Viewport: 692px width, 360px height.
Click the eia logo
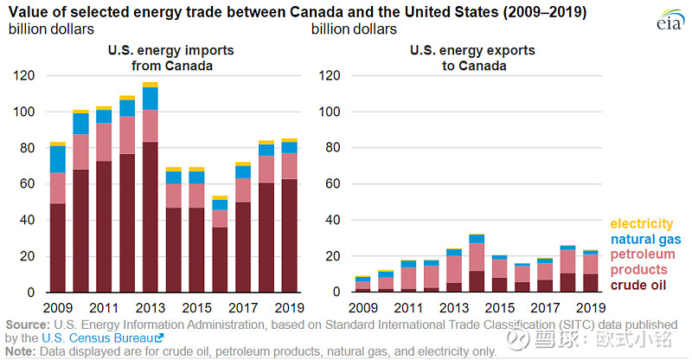click(669, 20)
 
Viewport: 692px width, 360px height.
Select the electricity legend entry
click(641, 223)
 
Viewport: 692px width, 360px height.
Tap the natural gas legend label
click(645, 240)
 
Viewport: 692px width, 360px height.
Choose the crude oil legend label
click(638, 285)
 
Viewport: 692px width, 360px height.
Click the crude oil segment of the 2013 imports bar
click(150, 217)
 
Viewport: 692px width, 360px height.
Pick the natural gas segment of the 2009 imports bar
click(58, 159)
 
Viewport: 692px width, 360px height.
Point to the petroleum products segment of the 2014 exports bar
click(477, 257)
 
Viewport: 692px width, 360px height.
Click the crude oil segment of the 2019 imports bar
click(289, 235)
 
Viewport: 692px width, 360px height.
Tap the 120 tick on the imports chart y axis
click(24, 75)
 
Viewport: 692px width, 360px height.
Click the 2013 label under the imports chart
click(150, 307)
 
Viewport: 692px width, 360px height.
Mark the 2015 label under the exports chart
click(500, 307)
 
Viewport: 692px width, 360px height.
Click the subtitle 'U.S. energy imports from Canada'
click(171, 58)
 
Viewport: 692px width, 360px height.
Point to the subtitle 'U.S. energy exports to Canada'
click(472, 58)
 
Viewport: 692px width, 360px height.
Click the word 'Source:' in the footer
click(28, 325)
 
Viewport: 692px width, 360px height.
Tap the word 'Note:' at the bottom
click(20, 351)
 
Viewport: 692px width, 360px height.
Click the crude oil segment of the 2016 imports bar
click(220, 260)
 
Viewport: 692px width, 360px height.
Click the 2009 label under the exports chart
click(363, 307)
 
